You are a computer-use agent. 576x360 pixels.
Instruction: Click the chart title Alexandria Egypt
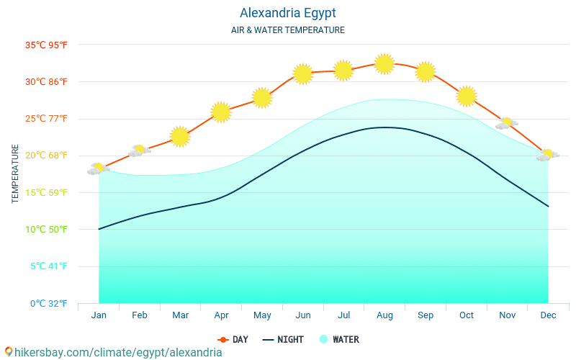point(287,13)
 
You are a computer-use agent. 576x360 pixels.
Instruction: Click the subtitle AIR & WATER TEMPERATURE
point(287,30)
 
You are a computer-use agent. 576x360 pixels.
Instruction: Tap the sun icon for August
point(384,64)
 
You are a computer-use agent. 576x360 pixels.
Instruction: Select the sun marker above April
point(221,112)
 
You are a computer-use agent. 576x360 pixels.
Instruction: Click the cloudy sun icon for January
point(98,169)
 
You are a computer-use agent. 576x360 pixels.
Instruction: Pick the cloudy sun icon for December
point(547,155)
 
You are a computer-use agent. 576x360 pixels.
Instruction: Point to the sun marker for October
point(467,96)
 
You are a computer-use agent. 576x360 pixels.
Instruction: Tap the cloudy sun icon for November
point(507,124)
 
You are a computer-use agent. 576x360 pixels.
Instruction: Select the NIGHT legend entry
point(283,339)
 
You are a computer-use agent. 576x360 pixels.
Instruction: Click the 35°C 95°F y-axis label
point(46,45)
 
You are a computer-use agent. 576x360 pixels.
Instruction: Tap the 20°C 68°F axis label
point(46,156)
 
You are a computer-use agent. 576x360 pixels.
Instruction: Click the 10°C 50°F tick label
point(46,229)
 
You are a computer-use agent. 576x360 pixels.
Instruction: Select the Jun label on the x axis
point(303,315)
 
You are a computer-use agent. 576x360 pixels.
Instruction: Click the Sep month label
point(426,315)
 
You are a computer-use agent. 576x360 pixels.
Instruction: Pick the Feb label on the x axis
point(140,315)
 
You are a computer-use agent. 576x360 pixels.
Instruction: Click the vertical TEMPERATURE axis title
point(15,174)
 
